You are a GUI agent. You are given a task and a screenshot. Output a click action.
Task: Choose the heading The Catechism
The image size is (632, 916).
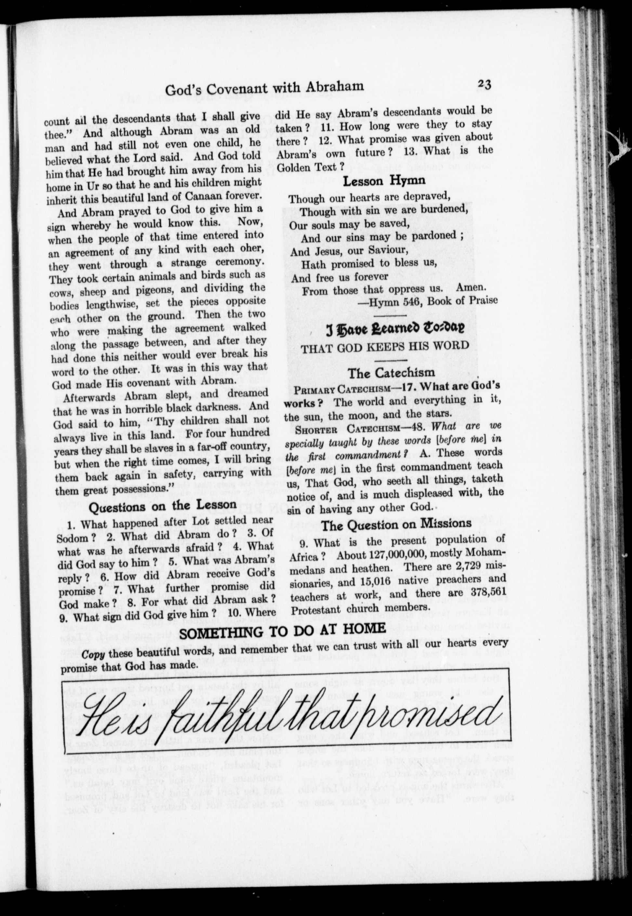tap(391, 373)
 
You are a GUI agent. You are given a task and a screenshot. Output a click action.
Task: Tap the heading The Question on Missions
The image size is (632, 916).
tap(396, 525)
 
